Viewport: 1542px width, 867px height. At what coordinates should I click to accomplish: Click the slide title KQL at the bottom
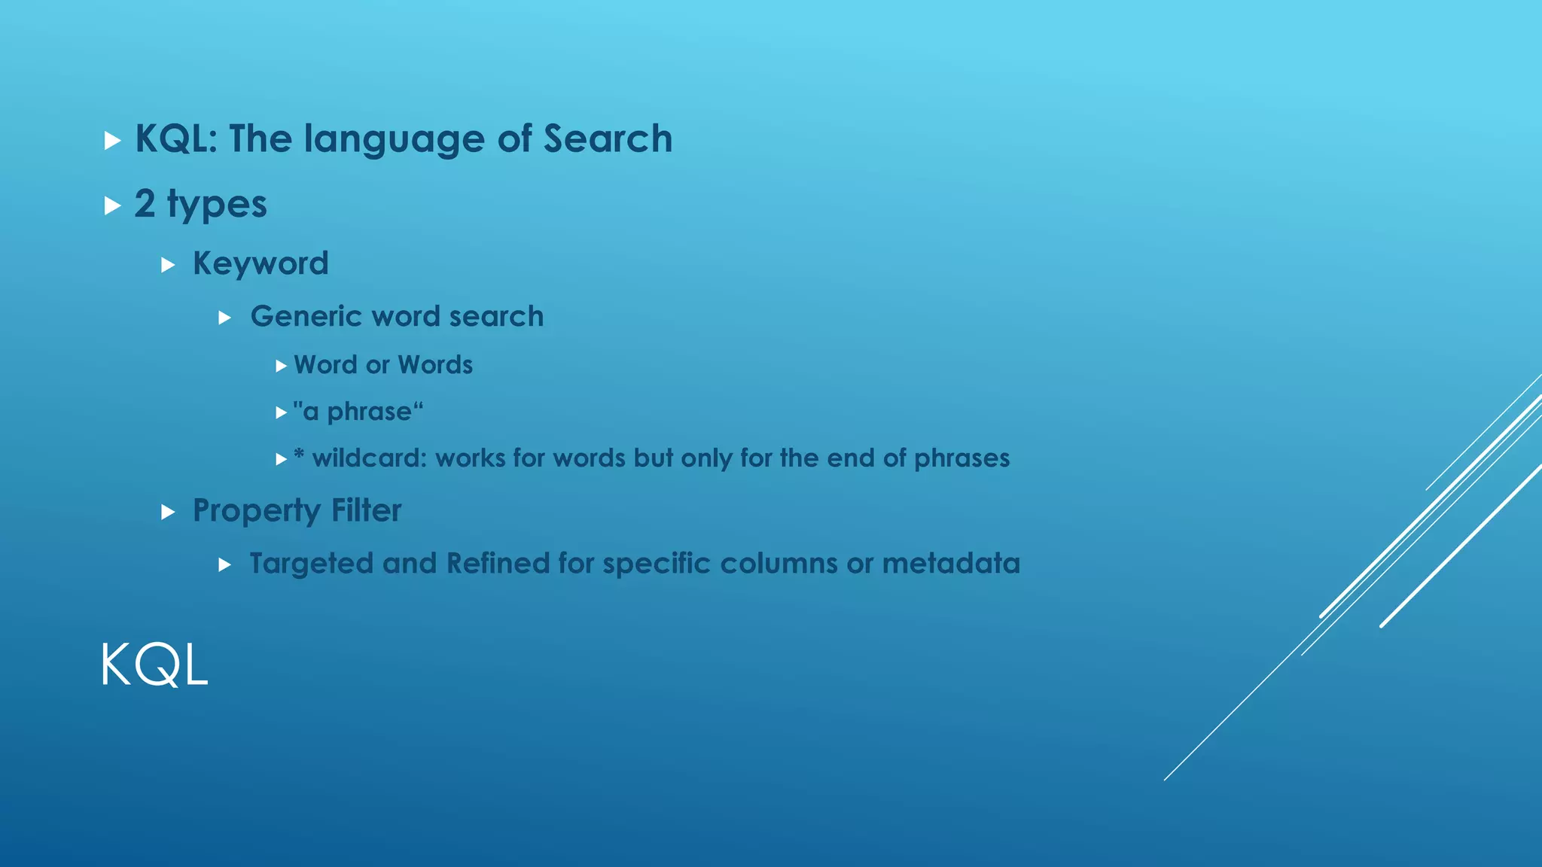(154, 665)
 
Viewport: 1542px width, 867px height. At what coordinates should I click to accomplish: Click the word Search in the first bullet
(608, 139)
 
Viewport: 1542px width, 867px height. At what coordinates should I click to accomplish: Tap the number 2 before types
(145, 204)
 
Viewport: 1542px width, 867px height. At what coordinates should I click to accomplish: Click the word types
(217, 205)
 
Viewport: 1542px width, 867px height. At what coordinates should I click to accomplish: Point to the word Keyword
(261, 264)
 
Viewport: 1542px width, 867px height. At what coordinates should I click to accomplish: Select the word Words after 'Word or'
(435, 365)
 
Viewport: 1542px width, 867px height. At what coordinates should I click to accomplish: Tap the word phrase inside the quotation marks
(369, 412)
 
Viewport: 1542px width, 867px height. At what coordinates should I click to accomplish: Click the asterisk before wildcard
(299, 455)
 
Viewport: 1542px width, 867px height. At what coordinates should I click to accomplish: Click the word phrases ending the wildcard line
(961, 459)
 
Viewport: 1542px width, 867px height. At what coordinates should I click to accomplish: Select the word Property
(257, 512)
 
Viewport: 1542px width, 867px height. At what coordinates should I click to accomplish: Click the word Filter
(366, 511)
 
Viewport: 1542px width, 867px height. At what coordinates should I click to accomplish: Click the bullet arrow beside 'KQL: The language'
(112, 141)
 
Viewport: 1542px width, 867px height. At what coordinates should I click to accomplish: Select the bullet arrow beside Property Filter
(168, 513)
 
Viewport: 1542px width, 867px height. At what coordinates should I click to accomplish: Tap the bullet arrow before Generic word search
(224, 318)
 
